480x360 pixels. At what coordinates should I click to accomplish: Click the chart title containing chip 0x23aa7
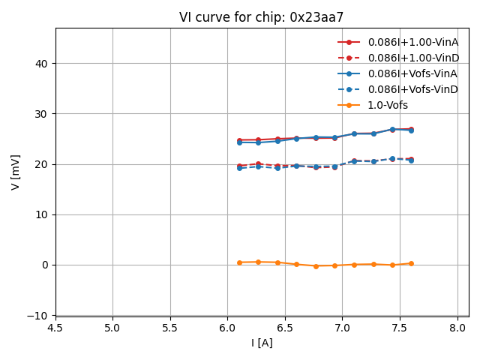(x=261, y=17)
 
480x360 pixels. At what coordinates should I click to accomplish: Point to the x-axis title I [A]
(x=262, y=343)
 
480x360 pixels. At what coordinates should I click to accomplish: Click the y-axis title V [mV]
(x=16, y=172)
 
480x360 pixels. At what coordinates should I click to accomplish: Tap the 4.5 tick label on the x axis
(x=55, y=328)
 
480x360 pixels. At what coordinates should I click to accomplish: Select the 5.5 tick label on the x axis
(x=170, y=328)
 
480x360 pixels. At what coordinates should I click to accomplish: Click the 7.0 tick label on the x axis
(x=343, y=328)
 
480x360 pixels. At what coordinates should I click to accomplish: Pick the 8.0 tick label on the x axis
(x=457, y=328)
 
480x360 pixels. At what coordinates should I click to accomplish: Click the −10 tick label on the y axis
(x=37, y=315)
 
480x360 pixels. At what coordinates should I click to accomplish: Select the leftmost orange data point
(x=239, y=262)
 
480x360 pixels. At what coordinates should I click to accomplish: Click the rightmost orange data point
(x=411, y=263)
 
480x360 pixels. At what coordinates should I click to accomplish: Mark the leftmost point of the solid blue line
(x=239, y=142)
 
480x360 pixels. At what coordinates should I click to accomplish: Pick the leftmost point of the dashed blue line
(x=239, y=168)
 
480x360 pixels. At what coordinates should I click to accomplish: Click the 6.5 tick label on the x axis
(x=285, y=328)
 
